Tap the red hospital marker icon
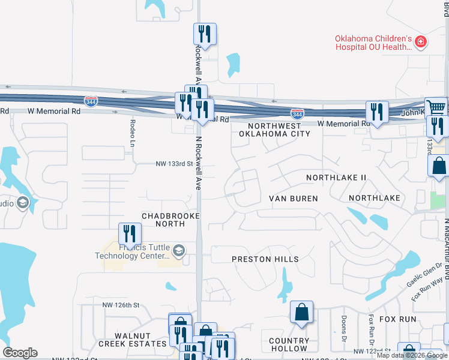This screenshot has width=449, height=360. (421, 41)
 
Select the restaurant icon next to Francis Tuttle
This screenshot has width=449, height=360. (130, 233)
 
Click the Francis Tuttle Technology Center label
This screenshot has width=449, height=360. (132, 251)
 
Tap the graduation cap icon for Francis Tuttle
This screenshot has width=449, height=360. (178, 250)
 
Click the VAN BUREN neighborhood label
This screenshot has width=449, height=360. (293, 198)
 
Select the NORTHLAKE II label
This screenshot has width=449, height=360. (336, 178)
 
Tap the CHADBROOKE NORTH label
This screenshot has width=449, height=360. (163, 220)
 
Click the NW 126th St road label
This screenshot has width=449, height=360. (121, 305)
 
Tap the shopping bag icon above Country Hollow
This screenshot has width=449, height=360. (301, 312)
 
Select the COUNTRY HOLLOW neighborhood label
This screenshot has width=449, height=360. (289, 344)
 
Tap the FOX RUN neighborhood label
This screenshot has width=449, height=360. (402, 319)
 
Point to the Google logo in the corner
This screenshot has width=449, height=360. (20, 353)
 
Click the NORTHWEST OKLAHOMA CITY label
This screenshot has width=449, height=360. (274, 130)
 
